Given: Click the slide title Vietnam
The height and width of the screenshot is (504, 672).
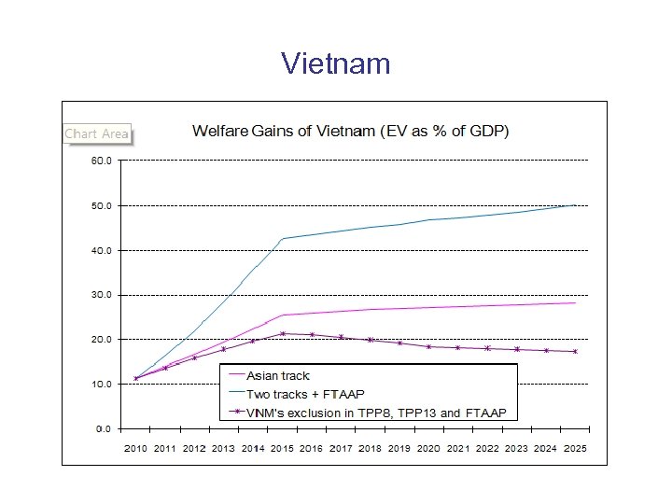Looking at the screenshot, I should [x=335, y=63].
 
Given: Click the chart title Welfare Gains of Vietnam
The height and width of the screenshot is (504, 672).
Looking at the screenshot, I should [x=350, y=131].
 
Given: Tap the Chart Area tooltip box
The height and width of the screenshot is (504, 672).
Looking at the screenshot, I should [x=96, y=134].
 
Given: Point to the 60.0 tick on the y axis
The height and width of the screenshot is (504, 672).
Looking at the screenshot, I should [x=101, y=161].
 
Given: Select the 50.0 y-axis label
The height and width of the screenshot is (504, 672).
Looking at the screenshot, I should [x=101, y=205].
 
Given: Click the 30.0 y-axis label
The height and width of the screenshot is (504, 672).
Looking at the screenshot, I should [x=101, y=295].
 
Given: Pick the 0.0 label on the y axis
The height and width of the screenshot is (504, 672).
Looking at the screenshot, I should [x=104, y=429].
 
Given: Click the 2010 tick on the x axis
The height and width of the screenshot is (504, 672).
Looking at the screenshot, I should [x=136, y=449].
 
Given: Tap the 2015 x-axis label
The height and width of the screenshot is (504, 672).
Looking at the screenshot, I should [x=282, y=449].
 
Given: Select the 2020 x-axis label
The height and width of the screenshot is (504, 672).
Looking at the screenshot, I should [x=428, y=449].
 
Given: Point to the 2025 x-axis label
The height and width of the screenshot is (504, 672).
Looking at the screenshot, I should [x=574, y=449].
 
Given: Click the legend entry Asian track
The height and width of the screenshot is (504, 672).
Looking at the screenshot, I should [x=279, y=376].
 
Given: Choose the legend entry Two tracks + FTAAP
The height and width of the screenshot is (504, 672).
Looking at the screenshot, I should [x=298, y=394].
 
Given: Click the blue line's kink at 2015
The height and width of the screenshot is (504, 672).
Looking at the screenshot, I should [x=282, y=238].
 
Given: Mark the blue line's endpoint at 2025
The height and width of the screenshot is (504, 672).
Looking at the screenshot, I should [x=574, y=204].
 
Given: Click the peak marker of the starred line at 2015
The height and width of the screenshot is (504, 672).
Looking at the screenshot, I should [x=282, y=333].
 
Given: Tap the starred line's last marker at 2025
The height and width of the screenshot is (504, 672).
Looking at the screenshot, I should [x=574, y=352].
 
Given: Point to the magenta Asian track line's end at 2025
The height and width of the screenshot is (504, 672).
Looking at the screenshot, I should [x=574, y=302].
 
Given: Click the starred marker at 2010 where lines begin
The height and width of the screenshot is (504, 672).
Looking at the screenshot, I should [x=136, y=378].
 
